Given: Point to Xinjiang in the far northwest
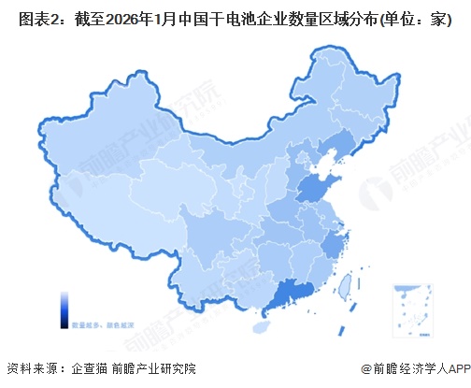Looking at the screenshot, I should click(x=103, y=150).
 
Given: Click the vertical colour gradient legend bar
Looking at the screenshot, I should click(x=64, y=307).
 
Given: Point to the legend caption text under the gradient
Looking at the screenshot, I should click(x=97, y=323).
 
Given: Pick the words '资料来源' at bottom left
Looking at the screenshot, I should click(x=30, y=368).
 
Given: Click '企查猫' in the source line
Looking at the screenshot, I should click(x=90, y=368).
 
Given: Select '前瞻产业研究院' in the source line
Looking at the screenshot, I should click(x=153, y=368).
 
